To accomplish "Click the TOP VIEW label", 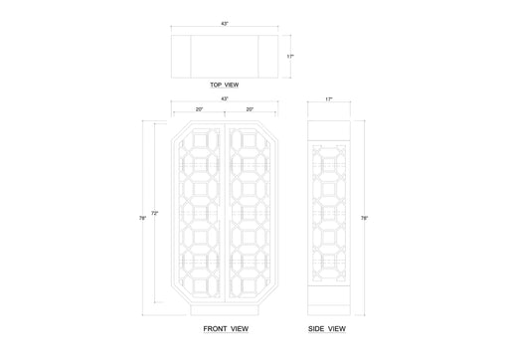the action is (225, 85).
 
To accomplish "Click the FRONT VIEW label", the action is (226, 329).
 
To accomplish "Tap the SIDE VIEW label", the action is (327, 329).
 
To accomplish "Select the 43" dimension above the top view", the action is (225, 24).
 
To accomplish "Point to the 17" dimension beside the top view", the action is (290, 57).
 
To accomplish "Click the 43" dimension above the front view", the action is (225, 98).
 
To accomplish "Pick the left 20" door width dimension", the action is (199, 109).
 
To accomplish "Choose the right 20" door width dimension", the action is (250, 109).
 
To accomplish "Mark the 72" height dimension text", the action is (155, 214).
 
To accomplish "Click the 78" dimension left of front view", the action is (142, 218).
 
